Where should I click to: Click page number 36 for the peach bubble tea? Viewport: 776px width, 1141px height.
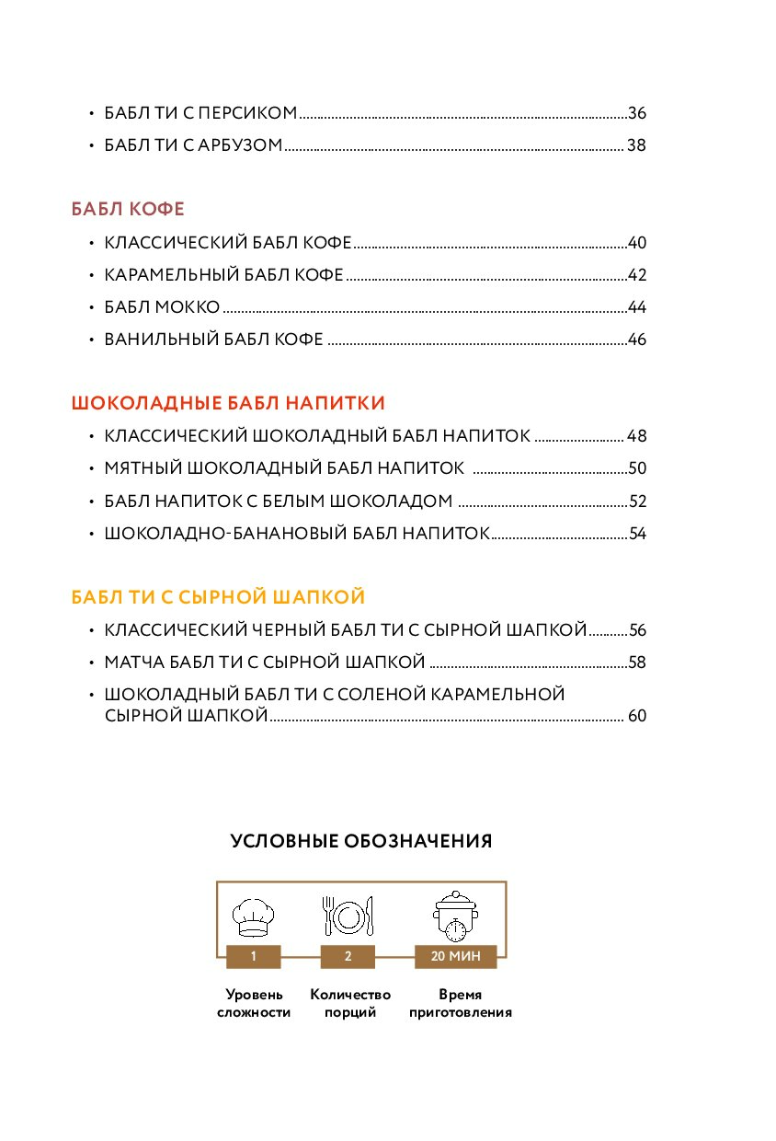[637, 113]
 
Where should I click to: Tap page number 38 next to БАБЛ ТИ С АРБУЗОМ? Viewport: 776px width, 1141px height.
[637, 145]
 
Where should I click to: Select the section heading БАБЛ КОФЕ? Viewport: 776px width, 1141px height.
[128, 210]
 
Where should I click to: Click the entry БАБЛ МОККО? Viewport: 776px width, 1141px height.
[162, 307]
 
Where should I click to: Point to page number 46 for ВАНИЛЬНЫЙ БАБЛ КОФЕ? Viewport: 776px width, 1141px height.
[637, 340]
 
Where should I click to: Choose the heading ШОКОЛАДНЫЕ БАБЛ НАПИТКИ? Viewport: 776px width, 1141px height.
[228, 403]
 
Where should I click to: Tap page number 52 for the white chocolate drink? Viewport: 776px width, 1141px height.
[637, 501]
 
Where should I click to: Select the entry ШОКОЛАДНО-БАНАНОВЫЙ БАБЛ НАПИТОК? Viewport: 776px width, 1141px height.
[296, 534]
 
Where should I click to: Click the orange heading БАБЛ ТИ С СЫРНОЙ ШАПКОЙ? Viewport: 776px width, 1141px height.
[218, 598]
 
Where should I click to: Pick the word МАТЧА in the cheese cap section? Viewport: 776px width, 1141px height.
[133, 663]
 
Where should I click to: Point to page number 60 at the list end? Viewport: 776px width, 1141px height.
[637, 716]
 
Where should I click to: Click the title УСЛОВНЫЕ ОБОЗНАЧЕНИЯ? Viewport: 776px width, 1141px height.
[361, 841]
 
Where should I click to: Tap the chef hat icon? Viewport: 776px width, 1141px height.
[253, 916]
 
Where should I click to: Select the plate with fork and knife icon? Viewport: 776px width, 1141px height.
[348, 916]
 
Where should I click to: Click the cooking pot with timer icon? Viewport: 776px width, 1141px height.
[455, 916]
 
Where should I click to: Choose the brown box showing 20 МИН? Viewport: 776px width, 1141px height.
[455, 957]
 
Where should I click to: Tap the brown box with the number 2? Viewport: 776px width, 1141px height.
[348, 957]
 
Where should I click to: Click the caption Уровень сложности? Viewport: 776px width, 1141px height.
[254, 1004]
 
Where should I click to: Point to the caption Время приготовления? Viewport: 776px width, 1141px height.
[461, 1004]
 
